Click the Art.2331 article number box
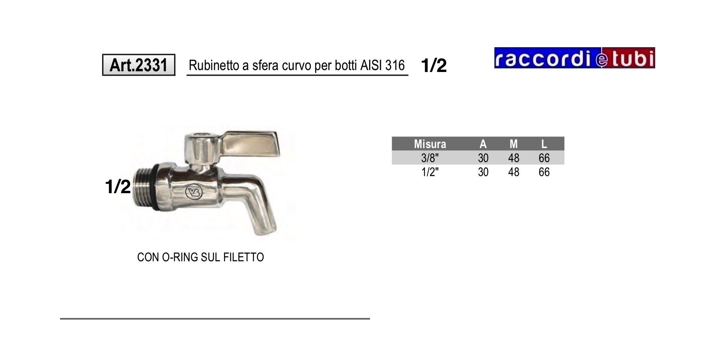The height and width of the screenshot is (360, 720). point(139,65)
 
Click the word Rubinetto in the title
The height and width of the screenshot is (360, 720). point(214,65)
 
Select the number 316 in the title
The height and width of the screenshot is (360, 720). point(395,65)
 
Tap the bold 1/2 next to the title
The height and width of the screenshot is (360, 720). point(434,65)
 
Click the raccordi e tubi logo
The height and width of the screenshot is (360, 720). point(574,58)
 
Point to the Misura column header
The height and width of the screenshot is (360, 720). point(430,144)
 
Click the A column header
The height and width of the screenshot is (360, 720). point(483,144)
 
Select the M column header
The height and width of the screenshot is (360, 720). point(514,144)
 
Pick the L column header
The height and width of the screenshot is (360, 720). point(544,144)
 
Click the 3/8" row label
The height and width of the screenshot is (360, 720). point(430,158)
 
